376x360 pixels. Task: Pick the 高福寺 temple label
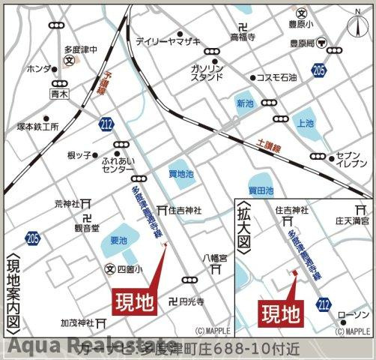243,36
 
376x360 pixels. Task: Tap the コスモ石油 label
276,77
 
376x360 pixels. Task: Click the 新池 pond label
245,103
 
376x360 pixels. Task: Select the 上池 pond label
305,122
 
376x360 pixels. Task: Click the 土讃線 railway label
268,147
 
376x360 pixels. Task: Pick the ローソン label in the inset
354,313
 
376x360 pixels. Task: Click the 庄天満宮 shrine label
351,221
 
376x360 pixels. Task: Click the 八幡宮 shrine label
214,256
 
